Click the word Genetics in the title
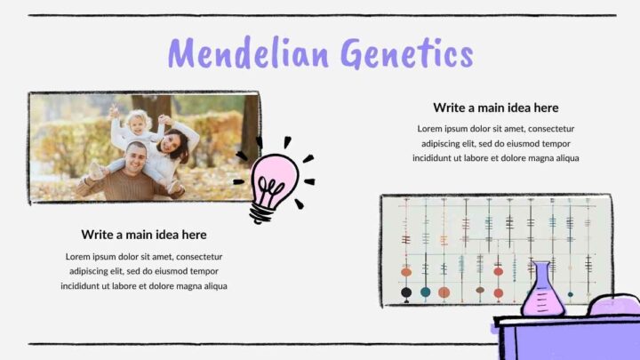click(x=406, y=54)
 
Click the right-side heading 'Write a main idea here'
click(x=495, y=108)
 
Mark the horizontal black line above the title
click(x=321, y=15)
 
